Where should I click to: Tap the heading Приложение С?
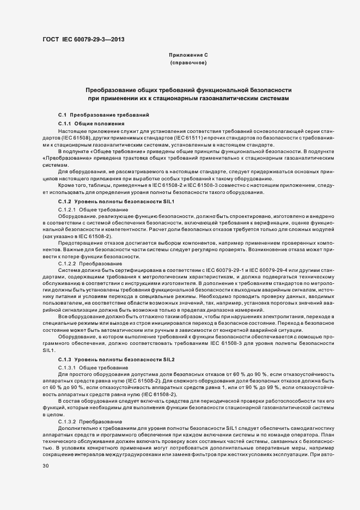188,55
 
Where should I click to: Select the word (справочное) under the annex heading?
188,63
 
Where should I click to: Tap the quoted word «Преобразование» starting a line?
62,157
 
